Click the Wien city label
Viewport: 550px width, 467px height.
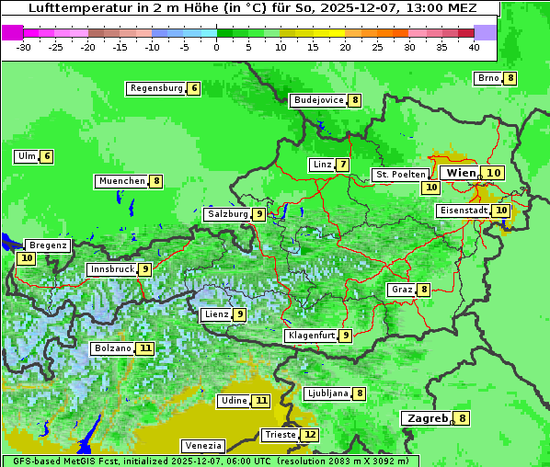pos(462,173)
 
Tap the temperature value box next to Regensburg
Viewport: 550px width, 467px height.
pos(193,88)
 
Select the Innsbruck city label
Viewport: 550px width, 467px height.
pos(110,269)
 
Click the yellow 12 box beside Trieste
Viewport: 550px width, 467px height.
pos(310,435)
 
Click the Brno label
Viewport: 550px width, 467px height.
pos(487,78)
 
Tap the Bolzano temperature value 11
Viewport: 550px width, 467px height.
pos(145,349)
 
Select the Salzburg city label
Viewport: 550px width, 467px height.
pos(227,214)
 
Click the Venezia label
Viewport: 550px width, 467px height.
pos(201,445)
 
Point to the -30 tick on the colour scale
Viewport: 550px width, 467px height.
pos(24,47)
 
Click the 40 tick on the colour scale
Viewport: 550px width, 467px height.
pos(474,47)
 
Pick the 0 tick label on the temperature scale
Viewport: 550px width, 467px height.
pos(216,47)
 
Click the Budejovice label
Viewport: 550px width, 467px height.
pos(318,100)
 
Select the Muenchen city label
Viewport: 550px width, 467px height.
pos(122,181)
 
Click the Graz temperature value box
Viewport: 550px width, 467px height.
pos(424,290)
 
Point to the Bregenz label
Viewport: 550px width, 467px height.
pos(48,245)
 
